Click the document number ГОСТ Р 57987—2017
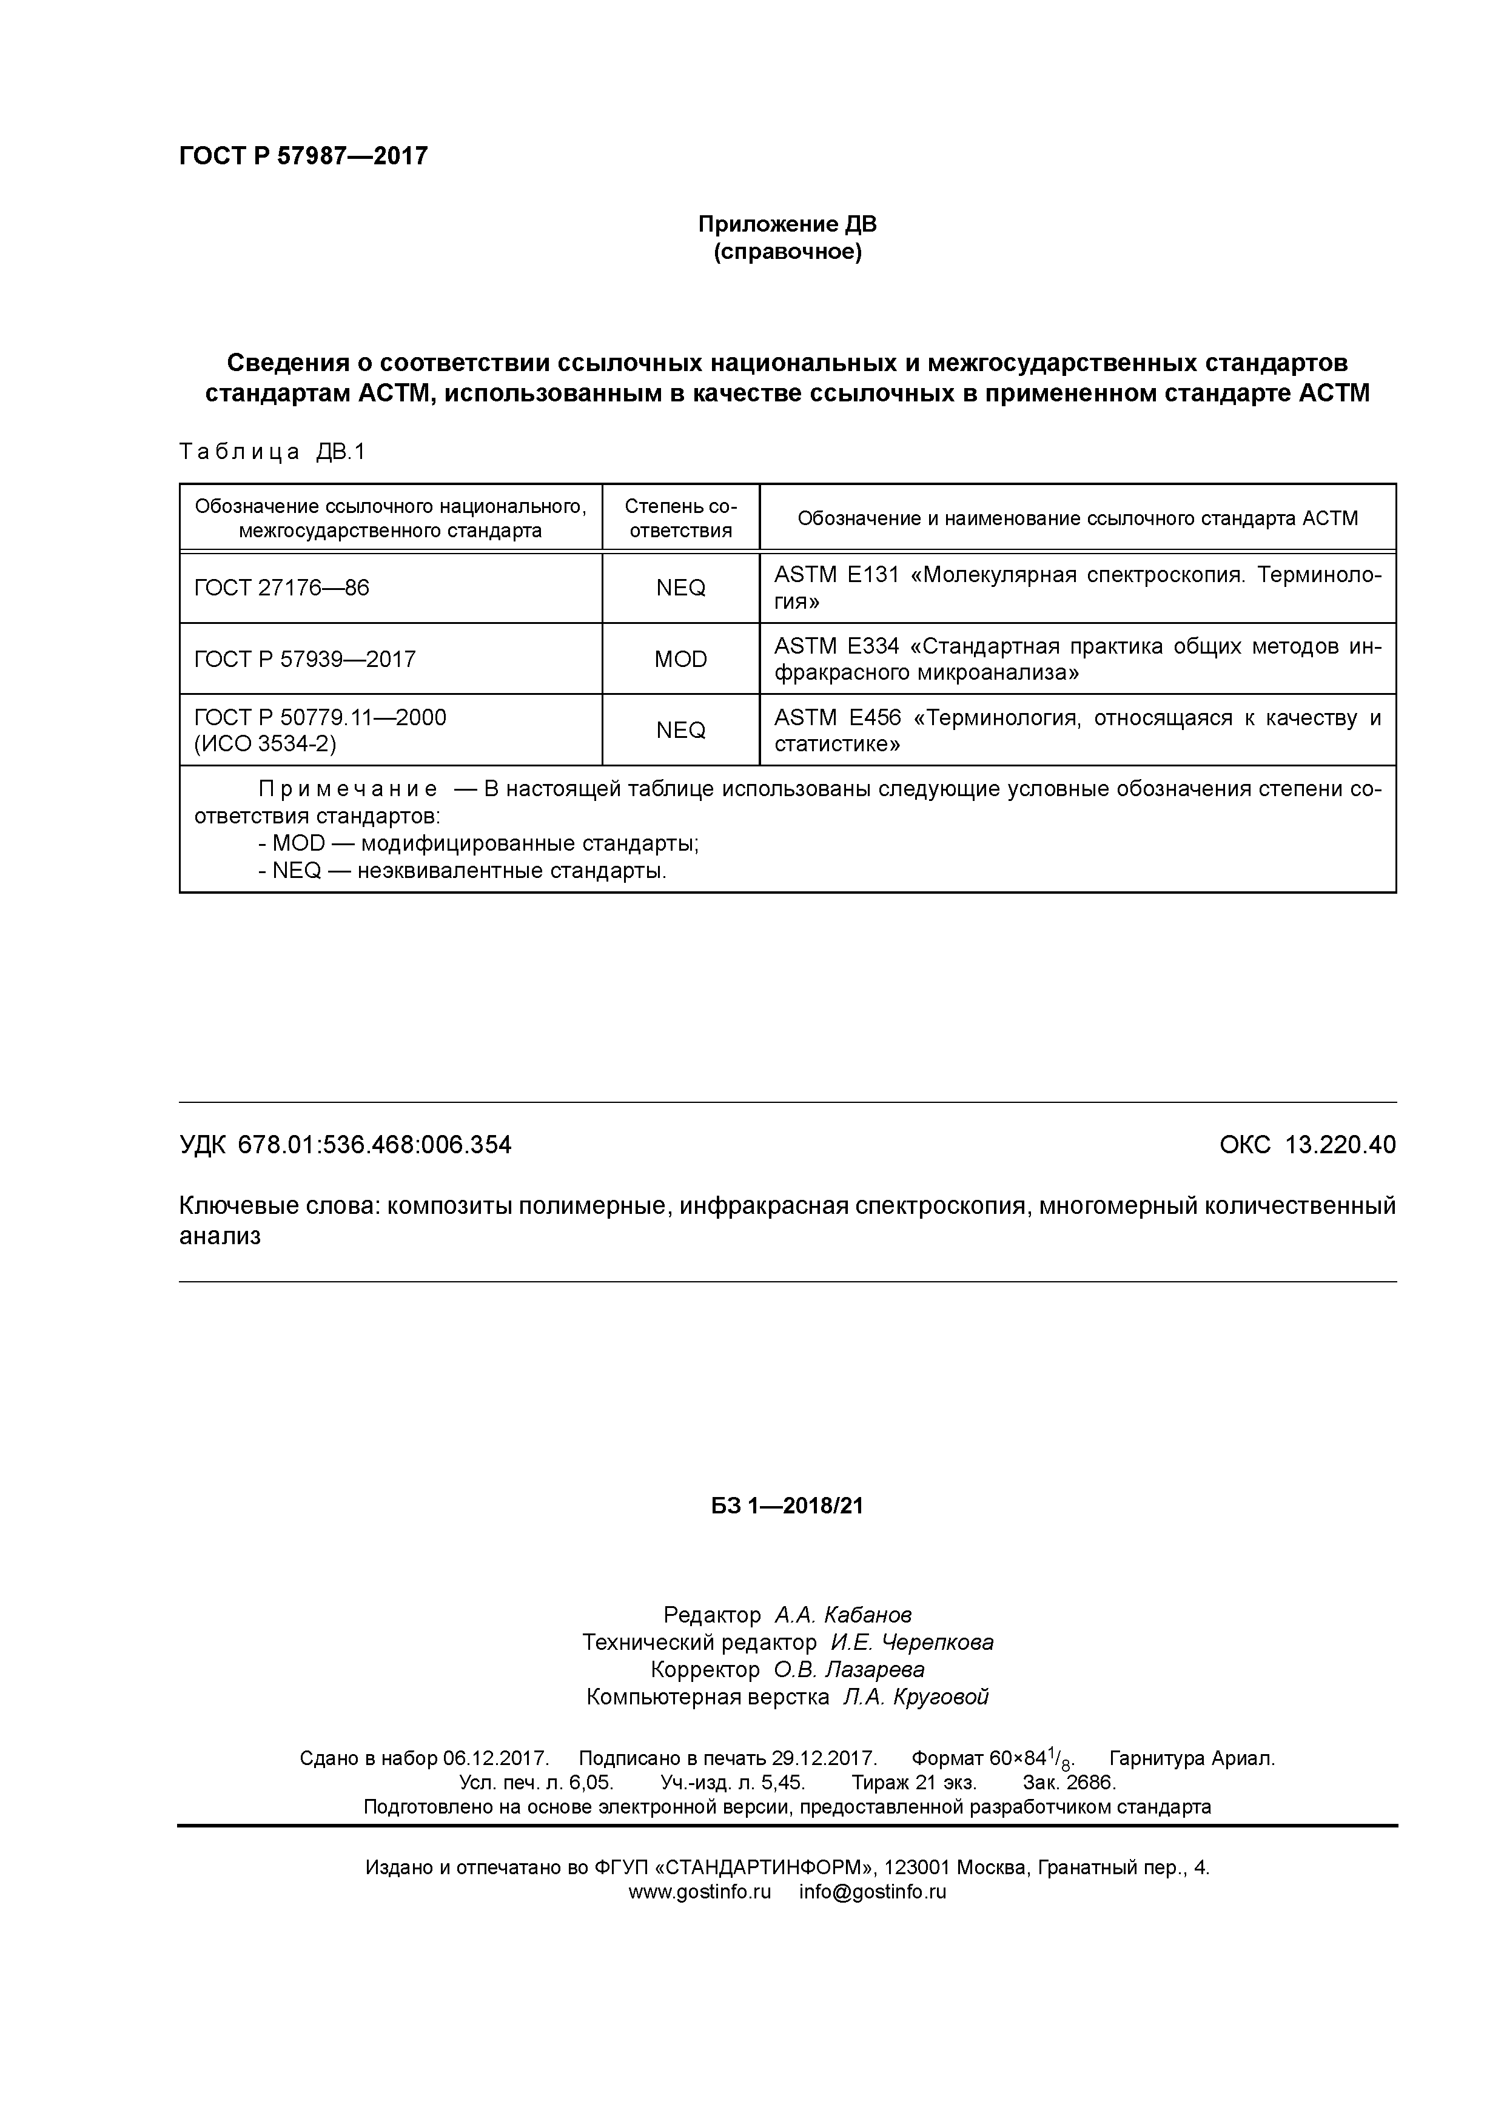(x=303, y=156)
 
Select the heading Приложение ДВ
(x=787, y=224)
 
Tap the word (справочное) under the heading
(x=787, y=252)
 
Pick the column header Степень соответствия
(x=680, y=518)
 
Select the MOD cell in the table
(x=680, y=660)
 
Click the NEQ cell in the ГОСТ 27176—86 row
(x=680, y=588)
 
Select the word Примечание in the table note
(x=347, y=789)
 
